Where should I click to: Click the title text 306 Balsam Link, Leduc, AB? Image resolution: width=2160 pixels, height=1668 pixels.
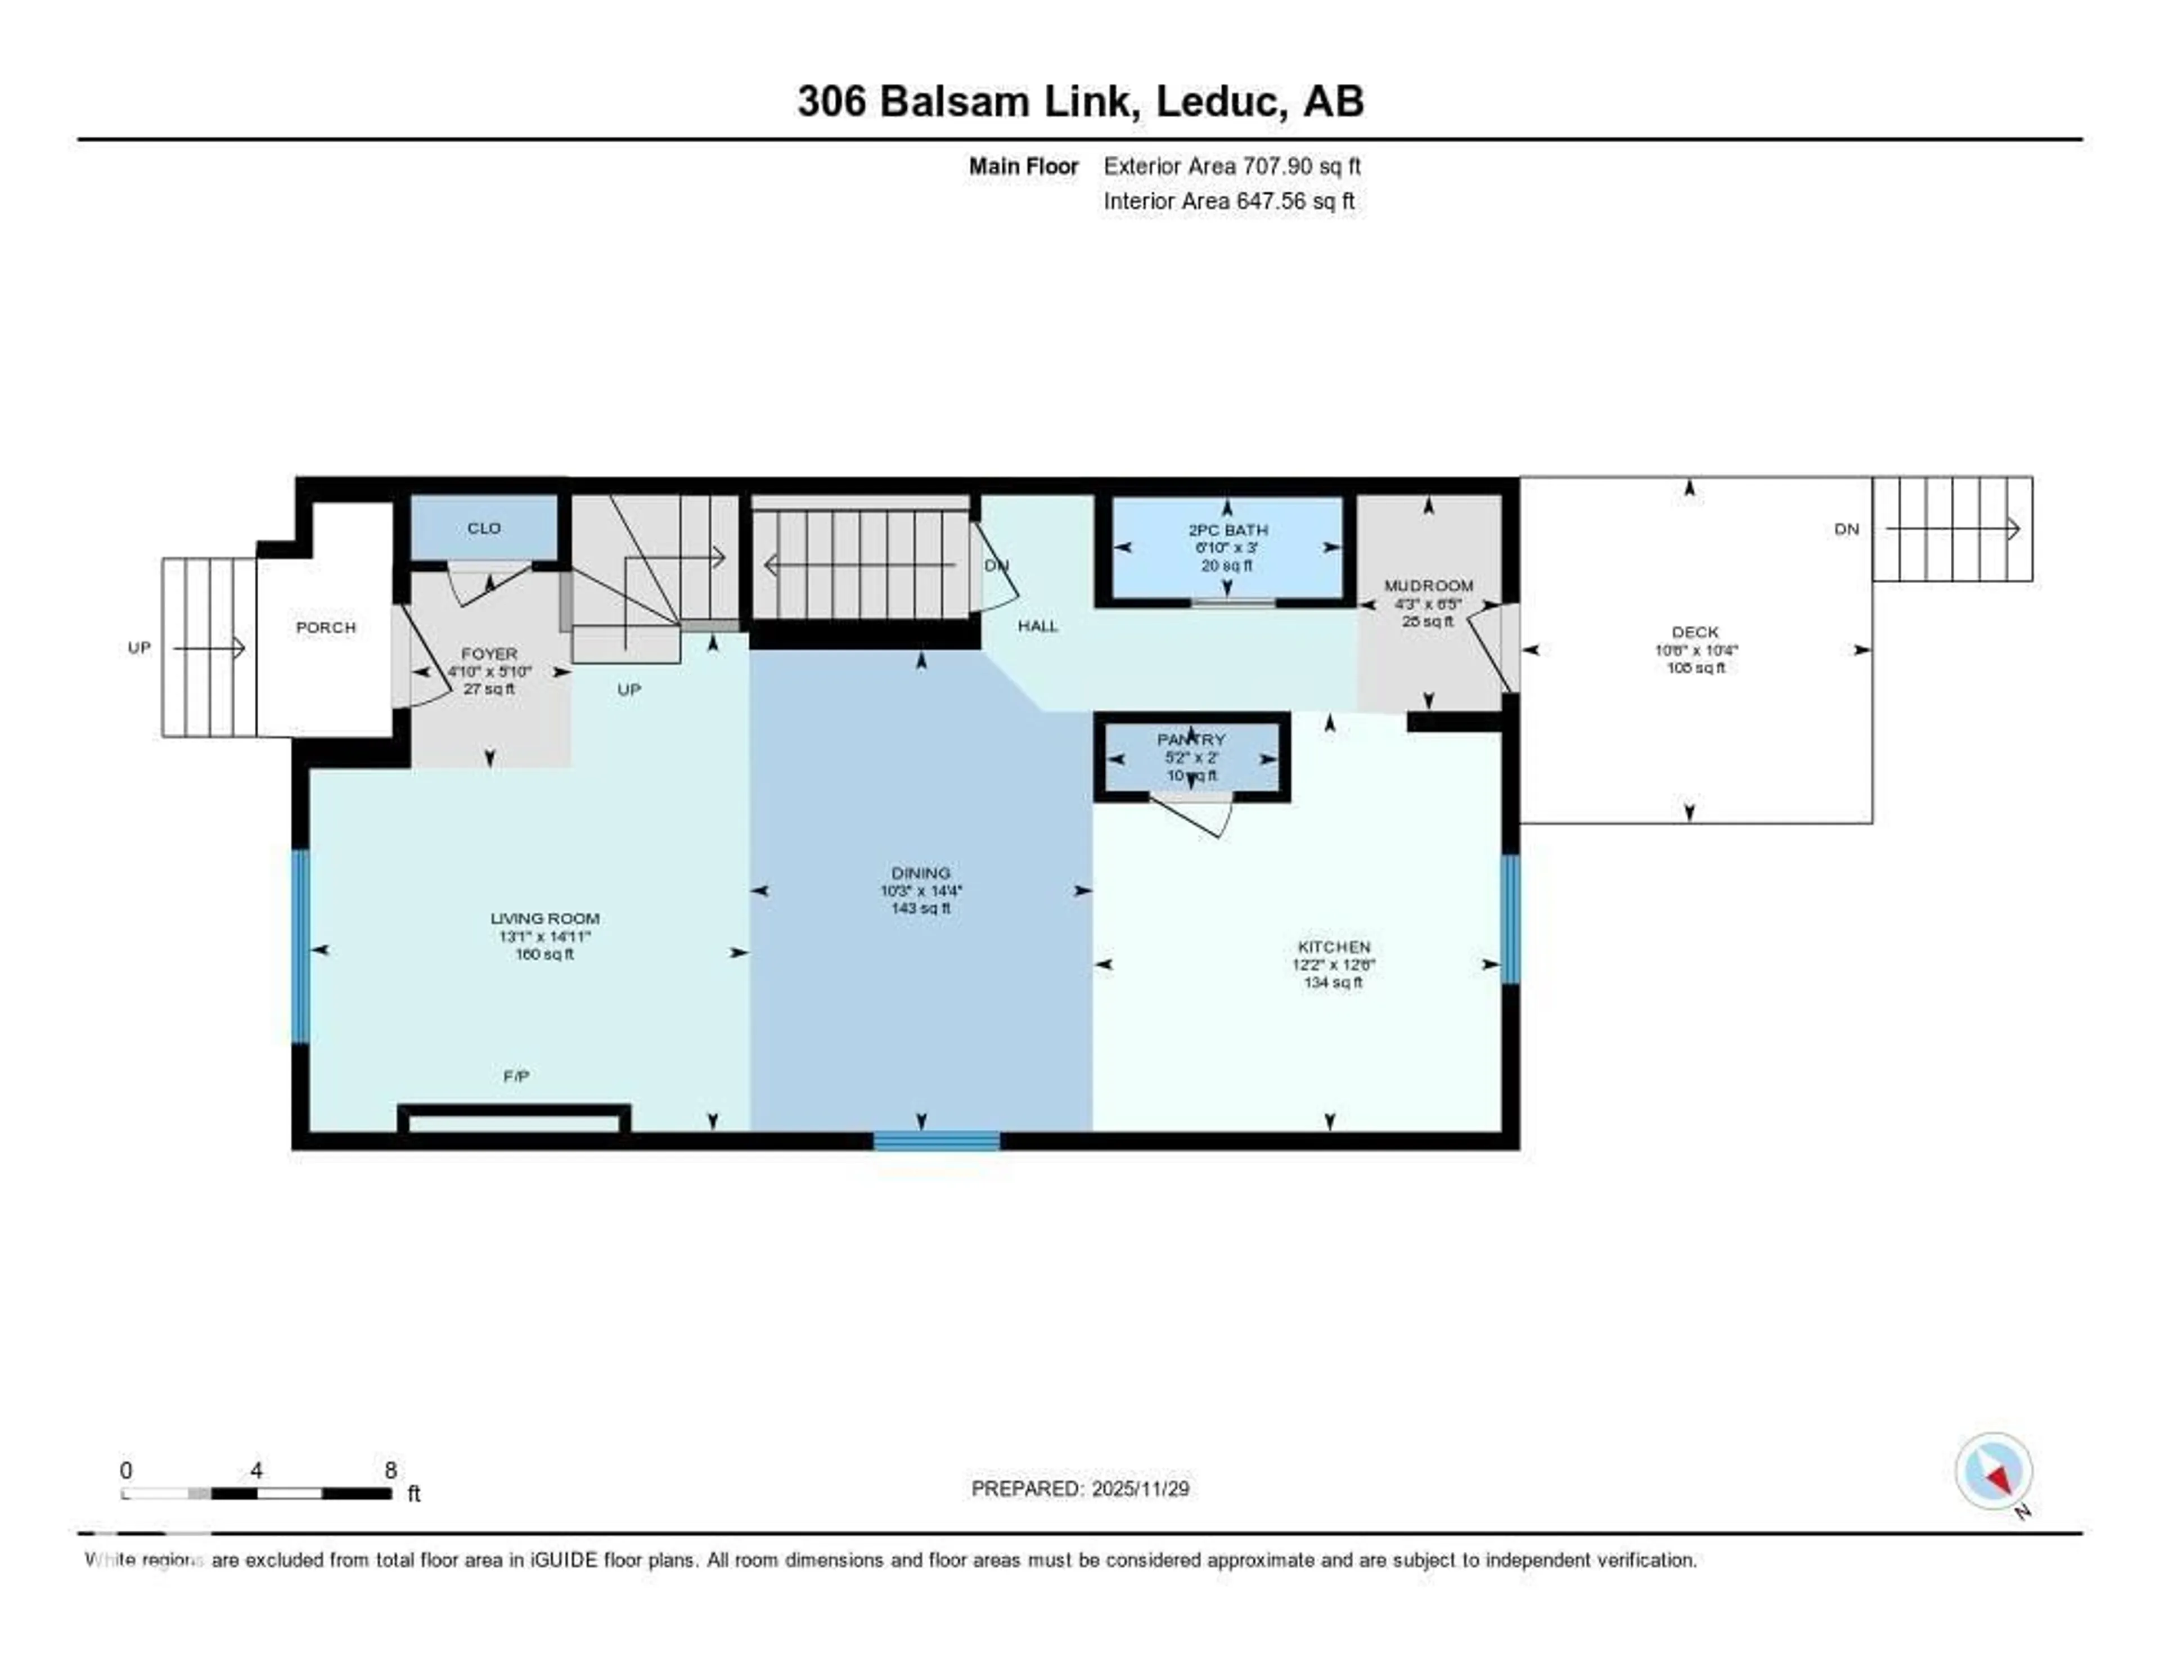[1080, 102]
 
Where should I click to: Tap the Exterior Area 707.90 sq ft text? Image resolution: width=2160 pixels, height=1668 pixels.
[1231, 166]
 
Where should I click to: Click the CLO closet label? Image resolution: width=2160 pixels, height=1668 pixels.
[484, 528]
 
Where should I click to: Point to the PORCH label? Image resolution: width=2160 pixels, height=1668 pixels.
[325, 627]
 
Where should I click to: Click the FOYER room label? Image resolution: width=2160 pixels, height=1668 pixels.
[489, 653]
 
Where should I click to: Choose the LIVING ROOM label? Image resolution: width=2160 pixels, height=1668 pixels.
[545, 918]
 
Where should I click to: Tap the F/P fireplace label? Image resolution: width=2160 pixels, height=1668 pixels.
[515, 1076]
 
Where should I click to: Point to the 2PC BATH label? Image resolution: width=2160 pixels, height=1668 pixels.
[1227, 530]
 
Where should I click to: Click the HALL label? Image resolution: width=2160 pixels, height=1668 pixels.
[1037, 626]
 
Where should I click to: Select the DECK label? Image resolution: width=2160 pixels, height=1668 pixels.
[1694, 631]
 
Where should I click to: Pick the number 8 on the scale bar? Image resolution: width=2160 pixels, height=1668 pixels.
[391, 1470]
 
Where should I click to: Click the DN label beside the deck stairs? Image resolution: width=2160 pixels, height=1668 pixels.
[1846, 529]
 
